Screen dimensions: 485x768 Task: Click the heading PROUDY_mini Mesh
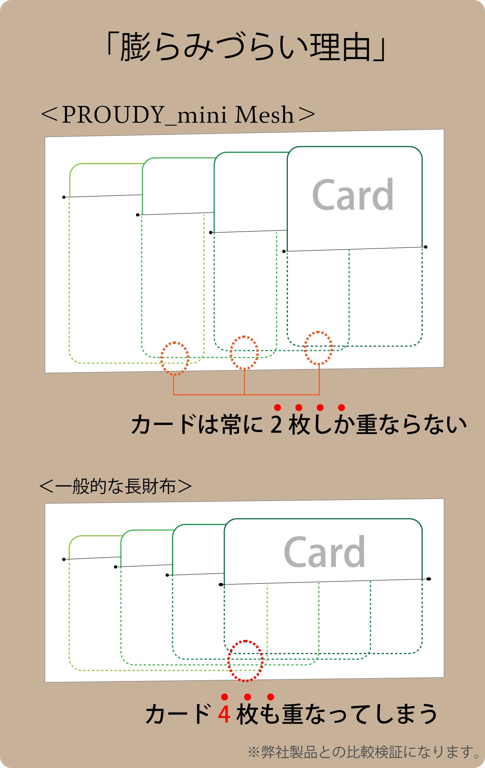coord(178,115)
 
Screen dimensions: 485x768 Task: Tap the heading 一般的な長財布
coord(116,486)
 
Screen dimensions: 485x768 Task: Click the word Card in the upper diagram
coord(353,195)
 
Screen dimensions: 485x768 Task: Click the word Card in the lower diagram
coord(325,552)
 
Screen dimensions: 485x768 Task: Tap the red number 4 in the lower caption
coord(224,714)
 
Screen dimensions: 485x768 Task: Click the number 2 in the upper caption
coord(276,425)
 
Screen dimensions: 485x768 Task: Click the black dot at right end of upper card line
coord(425,247)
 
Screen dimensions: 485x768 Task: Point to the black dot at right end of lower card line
coord(429,579)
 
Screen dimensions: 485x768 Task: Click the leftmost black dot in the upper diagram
coord(64,197)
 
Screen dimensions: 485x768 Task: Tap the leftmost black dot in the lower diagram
coord(64,559)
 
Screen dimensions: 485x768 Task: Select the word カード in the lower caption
coord(178,714)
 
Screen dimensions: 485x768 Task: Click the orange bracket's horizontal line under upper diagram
coord(246,394)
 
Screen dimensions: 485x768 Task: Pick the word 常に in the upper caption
coord(242,425)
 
